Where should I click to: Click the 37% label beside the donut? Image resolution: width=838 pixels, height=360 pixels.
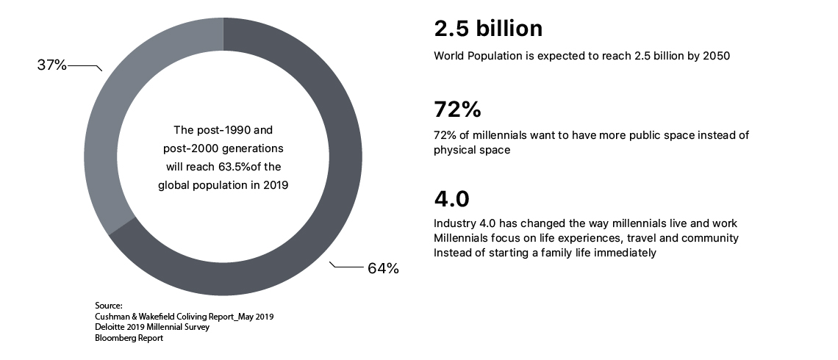51,65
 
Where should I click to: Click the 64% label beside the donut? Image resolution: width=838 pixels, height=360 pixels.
383,269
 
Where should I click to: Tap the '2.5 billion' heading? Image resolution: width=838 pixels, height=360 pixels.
488,29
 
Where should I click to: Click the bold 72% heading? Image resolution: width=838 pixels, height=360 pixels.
457,110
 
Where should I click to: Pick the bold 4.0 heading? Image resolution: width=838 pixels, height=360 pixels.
451,199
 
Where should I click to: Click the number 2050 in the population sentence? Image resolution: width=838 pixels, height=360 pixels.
715,56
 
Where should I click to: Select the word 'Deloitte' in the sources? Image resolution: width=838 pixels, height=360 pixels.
110,328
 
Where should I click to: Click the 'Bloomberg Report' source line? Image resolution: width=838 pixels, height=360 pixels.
129,339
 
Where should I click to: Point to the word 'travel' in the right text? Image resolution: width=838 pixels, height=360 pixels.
639,238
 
